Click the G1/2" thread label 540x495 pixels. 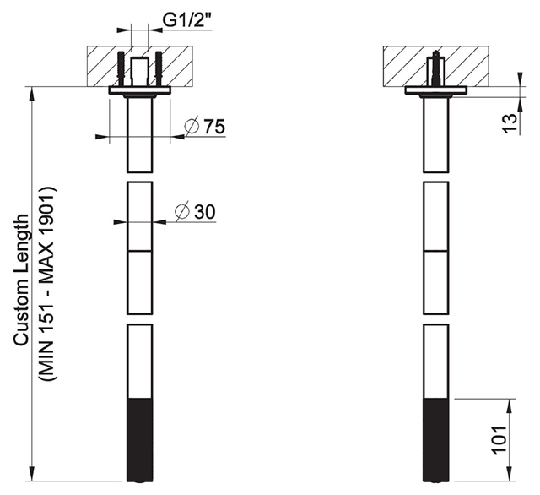[186, 20]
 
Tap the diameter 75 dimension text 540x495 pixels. [204, 126]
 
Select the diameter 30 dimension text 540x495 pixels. [195, 211]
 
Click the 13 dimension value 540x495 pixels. [510, 123]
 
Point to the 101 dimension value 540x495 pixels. [499, 440]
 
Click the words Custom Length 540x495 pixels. [21, 280]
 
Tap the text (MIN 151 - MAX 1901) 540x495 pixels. [46, 283]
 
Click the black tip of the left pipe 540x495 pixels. [140, 440]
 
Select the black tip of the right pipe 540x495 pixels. [436, 440]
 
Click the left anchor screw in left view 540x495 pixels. [121, 69]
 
